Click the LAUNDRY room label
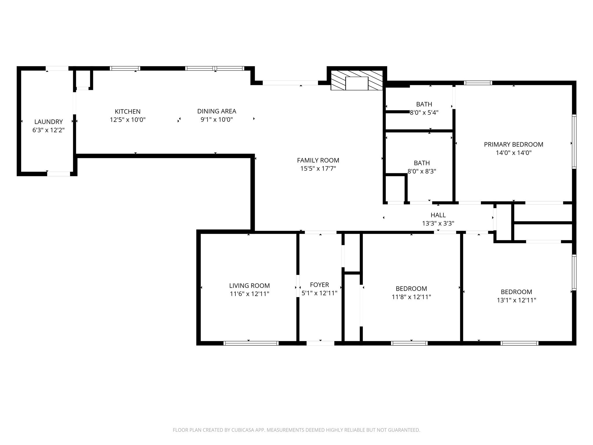pyautogui.click(x=48, y=122)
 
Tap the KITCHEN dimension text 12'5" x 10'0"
pyautogui.click(x=127, y=120)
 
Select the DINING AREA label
pyautogui.click(x=217, y=111)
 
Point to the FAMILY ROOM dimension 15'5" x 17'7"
pyautogui.click(x=318, y=168)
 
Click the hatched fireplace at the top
pyautogui.click(x=357, y=80)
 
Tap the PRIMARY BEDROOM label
pyautogui.click(x=513, y=144)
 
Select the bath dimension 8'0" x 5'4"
pyautogui.click(x=424, y=113)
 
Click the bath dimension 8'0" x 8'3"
pyautogui.click(x=422, y=171)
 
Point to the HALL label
pyautogui.click(x=438, y=215)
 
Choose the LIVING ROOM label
pyautogui.click(x=249, y=286)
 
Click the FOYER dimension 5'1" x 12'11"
pyautogui.click(x=319, y=293)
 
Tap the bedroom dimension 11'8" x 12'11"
pyautogui.click(x=411, y=297)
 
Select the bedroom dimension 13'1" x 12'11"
pyautogui.click(x=516, y=300)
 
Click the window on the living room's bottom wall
pyautogui.click(x=251, y=343)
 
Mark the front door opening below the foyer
pyautogui.click(x=320, y=343)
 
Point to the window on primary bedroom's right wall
pyautogui.click(x=574, y=141)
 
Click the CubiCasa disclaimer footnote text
pyautogui.click(x=296, y=430)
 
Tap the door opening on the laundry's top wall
pyautogui.click(x=57, y=68)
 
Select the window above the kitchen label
pyautogui.click(x=125, y=68)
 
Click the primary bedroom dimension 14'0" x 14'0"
pyautogui.click(x=513, y=153)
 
